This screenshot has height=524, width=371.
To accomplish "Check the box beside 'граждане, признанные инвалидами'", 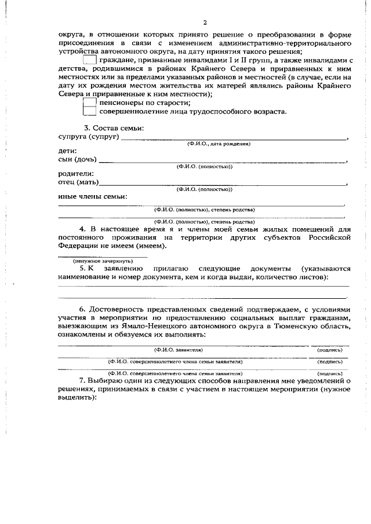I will (x=89, y=60).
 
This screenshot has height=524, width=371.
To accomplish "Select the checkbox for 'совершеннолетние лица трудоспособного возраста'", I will (x=89, y=111).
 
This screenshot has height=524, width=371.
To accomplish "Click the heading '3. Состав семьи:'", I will (x=114, y=127).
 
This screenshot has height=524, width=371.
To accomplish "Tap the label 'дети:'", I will (x=67, y=151).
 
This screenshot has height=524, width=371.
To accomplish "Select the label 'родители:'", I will (x=75, y=174).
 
